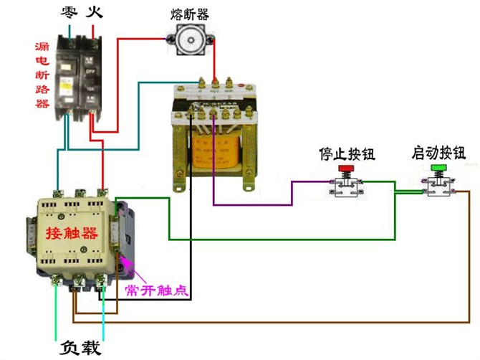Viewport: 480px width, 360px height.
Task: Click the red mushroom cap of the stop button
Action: click(346, 169)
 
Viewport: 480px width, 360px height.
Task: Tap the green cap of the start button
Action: click(439, 168)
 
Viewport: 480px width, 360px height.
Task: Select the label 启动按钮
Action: click(438, 153)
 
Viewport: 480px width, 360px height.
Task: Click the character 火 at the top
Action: click(95, 12)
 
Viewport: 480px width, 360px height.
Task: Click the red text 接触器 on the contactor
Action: click(71, 233)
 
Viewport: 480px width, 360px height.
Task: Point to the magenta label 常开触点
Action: click(156, 290)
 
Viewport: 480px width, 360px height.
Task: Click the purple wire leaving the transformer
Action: click(251, 205)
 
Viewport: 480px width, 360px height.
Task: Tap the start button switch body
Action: click(439, 186)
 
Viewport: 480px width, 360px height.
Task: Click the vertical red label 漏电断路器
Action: click(42, 75)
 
